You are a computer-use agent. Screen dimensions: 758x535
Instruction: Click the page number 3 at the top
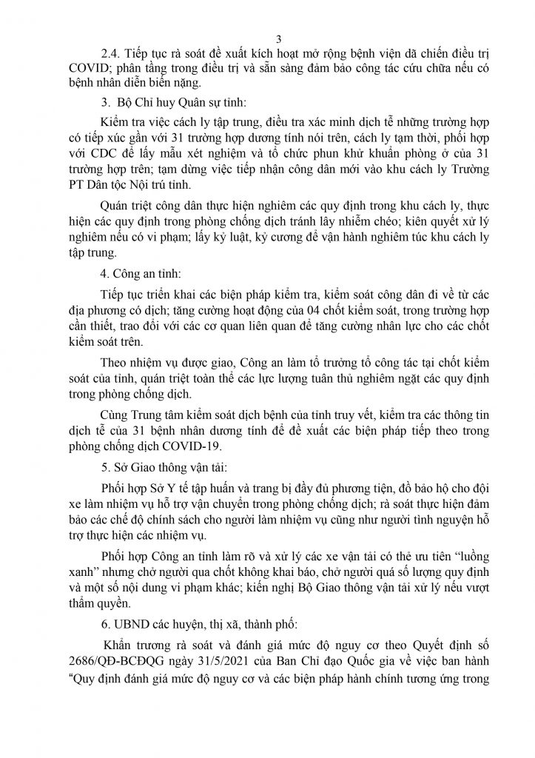269,39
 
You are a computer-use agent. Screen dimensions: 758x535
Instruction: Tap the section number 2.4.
112,55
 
